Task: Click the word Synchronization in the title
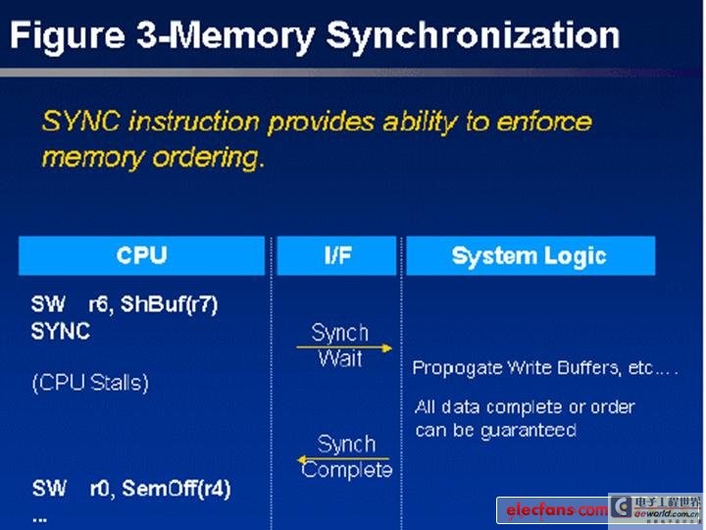[x=473, y=37]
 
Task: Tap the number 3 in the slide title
[x=146, y=35]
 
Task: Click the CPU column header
[x=141, y=255]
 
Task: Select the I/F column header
[x=336, y=255]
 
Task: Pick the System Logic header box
[x=530, y=255]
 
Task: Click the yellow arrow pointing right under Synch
[x=344, y=347]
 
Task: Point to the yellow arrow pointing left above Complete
[x=343, y=459]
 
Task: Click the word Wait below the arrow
[x=340, y=359]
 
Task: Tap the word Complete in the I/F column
[x=347, y=470]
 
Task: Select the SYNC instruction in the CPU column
[x=61, y=332]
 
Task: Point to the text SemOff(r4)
[x=176, y=489]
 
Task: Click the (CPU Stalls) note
[x=90, y=383]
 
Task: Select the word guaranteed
[x=529, y=431]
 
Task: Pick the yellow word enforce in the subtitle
[x=544, y=122]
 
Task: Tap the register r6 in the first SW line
[x=97, y=305]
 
